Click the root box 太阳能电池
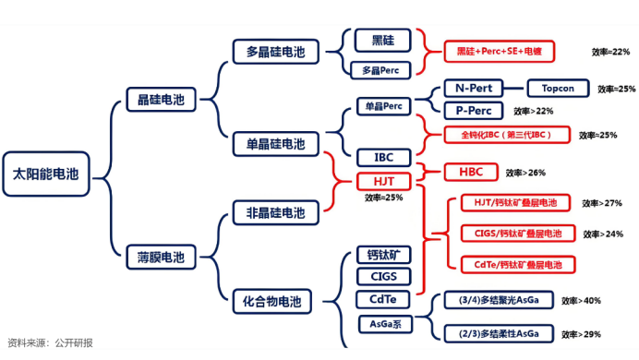coord(46,174)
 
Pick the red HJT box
coord(383,182)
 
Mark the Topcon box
coord(557,89)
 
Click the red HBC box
coord(458,172)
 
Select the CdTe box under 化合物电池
coord(383,299)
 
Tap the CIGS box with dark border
coord(383,276)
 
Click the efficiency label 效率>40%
coord(581,301)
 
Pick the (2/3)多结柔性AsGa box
coord(493,332)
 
